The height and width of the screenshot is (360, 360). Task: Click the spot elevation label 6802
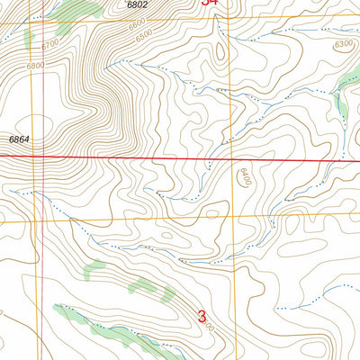tap(136, 5)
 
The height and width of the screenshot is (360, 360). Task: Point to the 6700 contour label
tap(49, 42)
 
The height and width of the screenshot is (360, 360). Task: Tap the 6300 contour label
tap(342, 43)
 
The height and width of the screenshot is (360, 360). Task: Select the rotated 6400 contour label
tap(243, 178)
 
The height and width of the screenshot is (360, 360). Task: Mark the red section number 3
tap(202, 317)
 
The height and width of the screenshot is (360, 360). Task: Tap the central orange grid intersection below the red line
tap(239, 216)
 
